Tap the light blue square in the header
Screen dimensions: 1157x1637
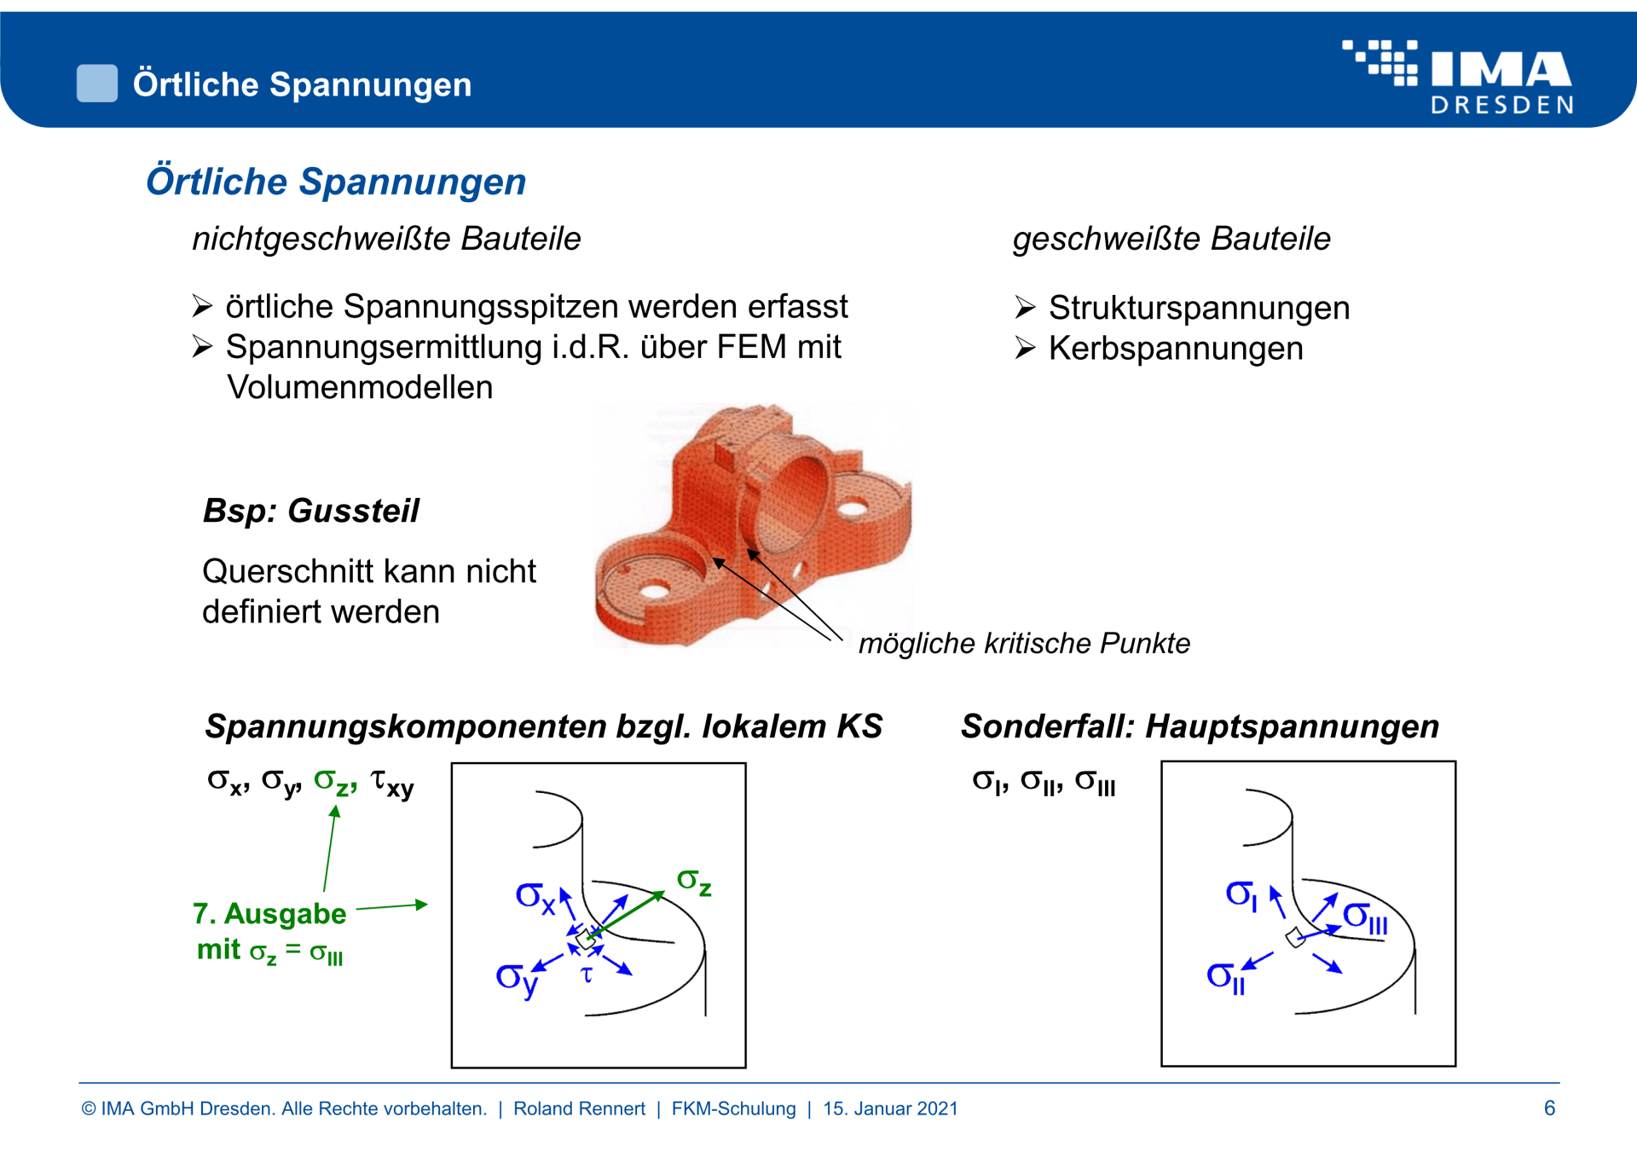click(x=97, y=84)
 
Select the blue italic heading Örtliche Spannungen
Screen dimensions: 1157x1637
click(x=336, y=182)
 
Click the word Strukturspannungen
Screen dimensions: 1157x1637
click(x=1199, y=308)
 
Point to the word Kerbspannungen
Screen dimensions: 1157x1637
click(x=1175, y=349)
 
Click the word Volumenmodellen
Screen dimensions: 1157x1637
click(x=360, y=388)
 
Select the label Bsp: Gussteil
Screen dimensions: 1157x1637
click(x=311, y=511)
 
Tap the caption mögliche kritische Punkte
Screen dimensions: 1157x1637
click(x=1024, y=643)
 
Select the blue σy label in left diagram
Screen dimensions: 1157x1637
click(x=517, y=978)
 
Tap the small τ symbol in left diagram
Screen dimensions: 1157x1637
click(x=587, y=975)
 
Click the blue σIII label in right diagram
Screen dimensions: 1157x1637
click(x=1365, y=918)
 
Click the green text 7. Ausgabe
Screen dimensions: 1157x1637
click(x=269, y=914)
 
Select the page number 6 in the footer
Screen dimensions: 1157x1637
click(x=1549, y=1108)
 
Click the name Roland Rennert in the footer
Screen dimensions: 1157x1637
click(x=579, y=1108)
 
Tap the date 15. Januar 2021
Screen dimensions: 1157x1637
click(x=890, y=1108)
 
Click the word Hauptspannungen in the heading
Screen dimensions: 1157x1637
click(x=1292, y=726)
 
